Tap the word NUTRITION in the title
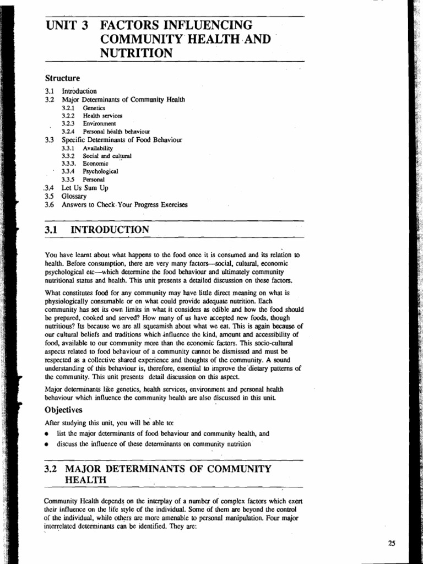point(136,53)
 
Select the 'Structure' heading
point(62,78)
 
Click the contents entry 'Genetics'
point(94,109)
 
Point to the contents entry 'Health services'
point(102,116)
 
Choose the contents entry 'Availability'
point(97,148)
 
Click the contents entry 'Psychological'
point(100,172)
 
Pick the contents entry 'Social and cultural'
point(107,156)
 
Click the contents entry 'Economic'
point(96,164)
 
